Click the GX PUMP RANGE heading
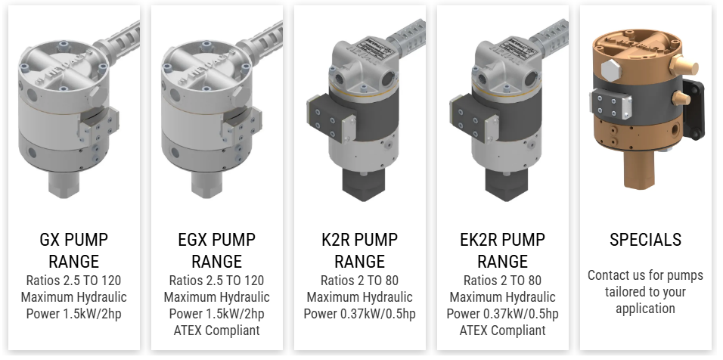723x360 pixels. point(74,250)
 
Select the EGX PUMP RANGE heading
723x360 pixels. point(217,250)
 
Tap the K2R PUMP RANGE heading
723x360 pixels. point(360,250)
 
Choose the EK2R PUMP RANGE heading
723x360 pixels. point(503,250)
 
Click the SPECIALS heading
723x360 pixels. point(646,240)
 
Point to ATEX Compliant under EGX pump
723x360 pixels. point(217,331)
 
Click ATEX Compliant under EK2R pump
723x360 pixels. point(503,331)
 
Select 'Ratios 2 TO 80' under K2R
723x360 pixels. point(360,281)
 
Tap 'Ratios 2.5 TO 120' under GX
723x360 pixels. point(74,281)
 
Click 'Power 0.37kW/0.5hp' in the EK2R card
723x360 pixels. point(503,314)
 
